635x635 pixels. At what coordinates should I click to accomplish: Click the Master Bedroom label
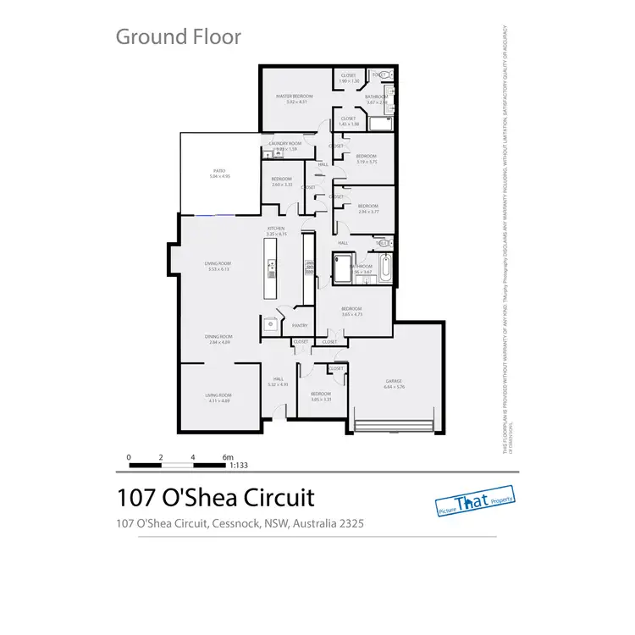pyautogui.click(x=295, y=97)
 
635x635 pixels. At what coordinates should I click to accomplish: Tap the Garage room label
pyautogui.click(x=394, y=382)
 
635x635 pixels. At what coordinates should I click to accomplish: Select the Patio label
pyautogui.click(x=219, y=171)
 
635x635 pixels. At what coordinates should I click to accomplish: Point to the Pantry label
pyautogui.click(x=299, y=325)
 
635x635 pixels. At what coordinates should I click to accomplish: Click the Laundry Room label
pyautogui.click(x=285, y=144)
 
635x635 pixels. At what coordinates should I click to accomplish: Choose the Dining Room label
pyautogui.click(x=218, y=337)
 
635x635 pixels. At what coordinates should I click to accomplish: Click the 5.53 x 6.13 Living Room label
pyautogui.click(x=218, y=263)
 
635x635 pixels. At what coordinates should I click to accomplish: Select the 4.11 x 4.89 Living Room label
pyautogui.click(x=218, y=395)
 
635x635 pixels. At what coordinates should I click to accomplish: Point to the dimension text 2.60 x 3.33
pyautogui.click(x=281, y=185)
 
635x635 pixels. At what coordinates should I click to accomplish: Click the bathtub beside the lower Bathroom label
pyautogui.click(x=385, y=270)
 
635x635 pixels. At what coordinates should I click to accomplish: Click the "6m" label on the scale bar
pyautogui.click(x=228, y=457)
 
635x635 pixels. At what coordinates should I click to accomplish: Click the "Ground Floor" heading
pyautogui.click(x=178, y=36)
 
